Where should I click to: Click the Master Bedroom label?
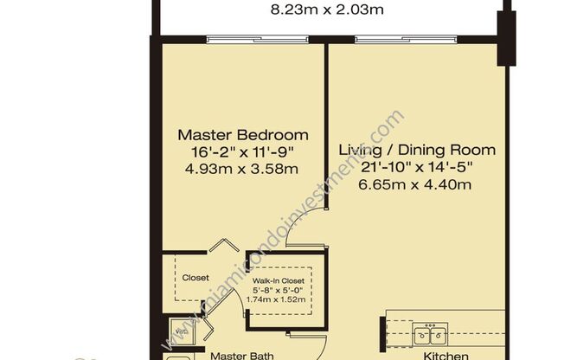tap(243, 135)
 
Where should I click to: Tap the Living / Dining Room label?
tap(416, 150)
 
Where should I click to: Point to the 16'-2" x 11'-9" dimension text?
tap(243, 152)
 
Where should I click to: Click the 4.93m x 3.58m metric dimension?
tap(243, 169)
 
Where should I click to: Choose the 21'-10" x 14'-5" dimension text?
tap(416, 167)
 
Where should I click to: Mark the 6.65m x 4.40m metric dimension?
tap(416, 183)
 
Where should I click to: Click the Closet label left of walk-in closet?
tap(195, 278)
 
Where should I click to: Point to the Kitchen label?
tap(445, 354)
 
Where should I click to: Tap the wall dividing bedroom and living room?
tap(325, 130)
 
